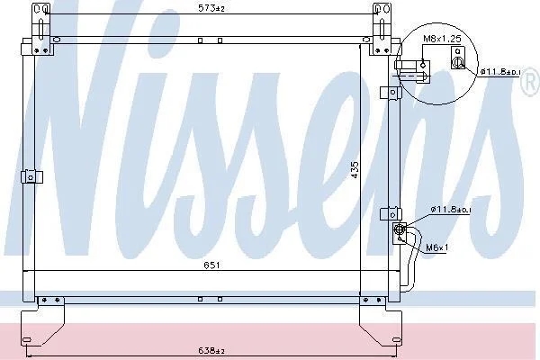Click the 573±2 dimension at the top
211,8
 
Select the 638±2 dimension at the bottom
211,351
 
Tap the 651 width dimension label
211,265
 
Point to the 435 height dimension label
355,170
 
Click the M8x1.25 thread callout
442,38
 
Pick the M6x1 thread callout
437,247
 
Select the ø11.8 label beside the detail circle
500,72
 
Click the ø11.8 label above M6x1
451,209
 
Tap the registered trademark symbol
533,82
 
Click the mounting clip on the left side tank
31,177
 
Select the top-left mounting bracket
42,30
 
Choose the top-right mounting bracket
381,30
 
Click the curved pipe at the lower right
412,260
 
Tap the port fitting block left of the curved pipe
400,233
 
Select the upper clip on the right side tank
391,93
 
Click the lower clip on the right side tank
391,214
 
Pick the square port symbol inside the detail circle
458,58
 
